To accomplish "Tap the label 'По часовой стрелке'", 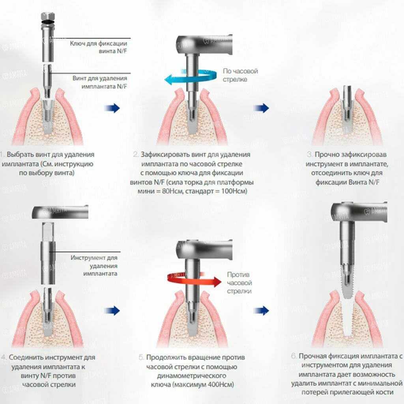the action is click(x=240, y=75).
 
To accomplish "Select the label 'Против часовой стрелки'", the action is click(x=239, y=282).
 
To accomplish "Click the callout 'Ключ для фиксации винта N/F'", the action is click(x=98, y=47).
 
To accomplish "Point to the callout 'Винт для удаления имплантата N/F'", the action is click(x=100, y=82).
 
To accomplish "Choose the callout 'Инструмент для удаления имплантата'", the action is click(x=94, y=266).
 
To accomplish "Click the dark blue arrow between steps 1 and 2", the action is click(x=112, y=108).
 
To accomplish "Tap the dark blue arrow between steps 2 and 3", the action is click(x=261, y=108).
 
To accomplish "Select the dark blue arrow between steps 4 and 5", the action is click(x=112, y=311).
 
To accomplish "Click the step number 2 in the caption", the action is click(x=136, y=154).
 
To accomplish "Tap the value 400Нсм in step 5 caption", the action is click(x=220, y=385).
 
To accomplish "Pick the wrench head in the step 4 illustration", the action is click(x=60, y=212).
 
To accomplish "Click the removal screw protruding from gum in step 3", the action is click(x=347, y=97).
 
